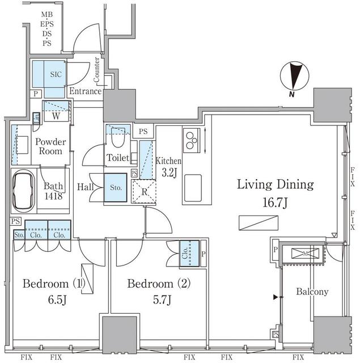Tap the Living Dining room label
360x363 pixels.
tap(275, 185)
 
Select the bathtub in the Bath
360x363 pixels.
tap(24, 191)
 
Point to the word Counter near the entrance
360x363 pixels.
tap(98, 69)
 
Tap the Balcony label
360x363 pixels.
tap(312, 292)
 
